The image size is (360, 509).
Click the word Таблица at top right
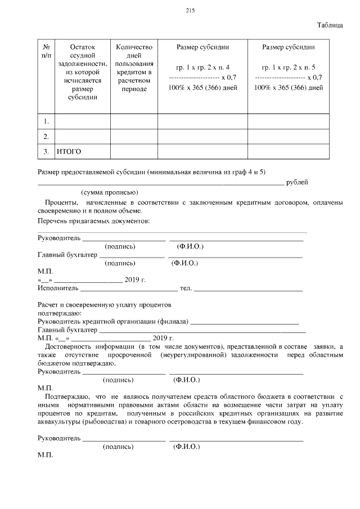(330, 25)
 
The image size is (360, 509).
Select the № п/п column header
(46, 51)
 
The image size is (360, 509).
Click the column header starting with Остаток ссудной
(83, 71)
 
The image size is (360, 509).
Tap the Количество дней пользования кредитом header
(134, 67)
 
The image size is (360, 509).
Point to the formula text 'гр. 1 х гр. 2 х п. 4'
(202, 67)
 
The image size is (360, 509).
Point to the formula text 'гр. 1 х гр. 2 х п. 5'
(288, 67)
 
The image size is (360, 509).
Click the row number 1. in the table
(46, 121)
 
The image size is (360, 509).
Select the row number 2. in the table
(46, 137)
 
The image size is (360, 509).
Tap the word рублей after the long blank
(297, 182)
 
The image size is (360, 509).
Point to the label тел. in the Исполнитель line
(186, 289)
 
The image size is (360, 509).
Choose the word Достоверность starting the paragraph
(68, 346)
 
